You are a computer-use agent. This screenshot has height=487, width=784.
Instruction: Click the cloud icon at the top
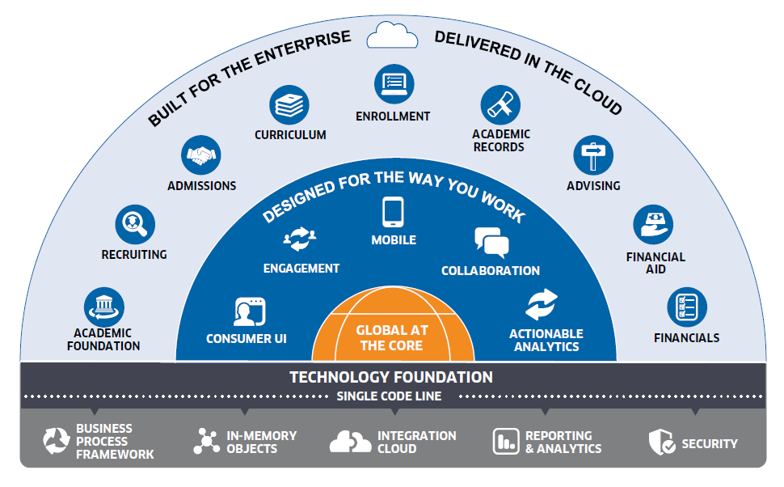tap(392, 35)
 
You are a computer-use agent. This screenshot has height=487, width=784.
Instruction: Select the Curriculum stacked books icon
tap(289, 105)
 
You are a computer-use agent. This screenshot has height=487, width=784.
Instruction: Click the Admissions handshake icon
tap(201, 155)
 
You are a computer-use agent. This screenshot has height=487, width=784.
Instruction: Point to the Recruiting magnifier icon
tap(134, 224)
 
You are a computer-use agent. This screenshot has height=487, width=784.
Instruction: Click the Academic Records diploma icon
tap(500, 105)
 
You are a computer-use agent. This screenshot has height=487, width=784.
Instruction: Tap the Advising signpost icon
tap(593, 155)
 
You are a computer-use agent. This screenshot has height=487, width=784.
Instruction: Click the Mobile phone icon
tap(394, 213)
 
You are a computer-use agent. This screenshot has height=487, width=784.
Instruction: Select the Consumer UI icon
tap(249, 311)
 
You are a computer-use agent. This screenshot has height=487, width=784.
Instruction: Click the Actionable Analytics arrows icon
tap(542, 304)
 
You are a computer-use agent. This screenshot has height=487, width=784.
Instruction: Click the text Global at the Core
tap(393, 337)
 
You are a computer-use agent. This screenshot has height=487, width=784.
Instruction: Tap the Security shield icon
tap(661, 442)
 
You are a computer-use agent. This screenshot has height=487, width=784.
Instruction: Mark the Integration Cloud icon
tap(350, 442)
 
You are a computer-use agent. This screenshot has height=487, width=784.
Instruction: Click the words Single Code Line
tap(390, 396)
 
